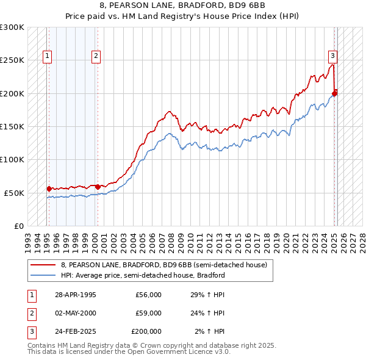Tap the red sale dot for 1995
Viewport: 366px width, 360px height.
coord(49,189)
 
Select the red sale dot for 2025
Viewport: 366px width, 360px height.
coord(334,93)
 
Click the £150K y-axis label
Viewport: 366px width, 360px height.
coord(12,126)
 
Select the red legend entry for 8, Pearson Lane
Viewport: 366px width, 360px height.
coord(163,265)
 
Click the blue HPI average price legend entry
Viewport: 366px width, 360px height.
coord(143,275)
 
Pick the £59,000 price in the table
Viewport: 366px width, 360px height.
coord(148,313)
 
